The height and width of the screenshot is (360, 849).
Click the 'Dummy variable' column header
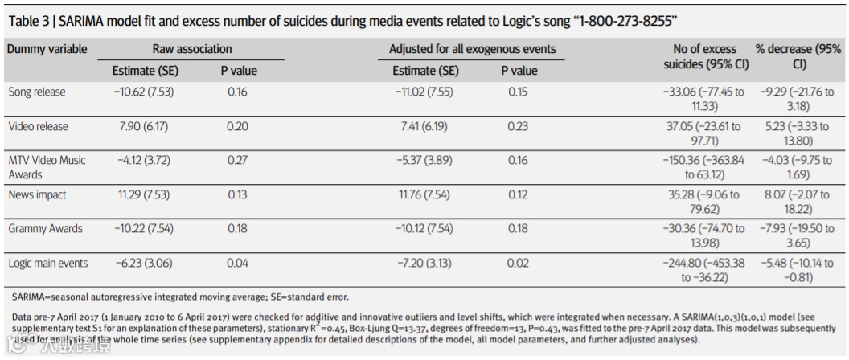click(x=47, y=50)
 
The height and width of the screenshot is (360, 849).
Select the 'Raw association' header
click(x=191, y=50)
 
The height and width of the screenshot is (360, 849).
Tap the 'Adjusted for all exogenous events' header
click(x=472, y=50)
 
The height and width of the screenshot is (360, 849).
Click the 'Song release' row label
click(x=37, y=92)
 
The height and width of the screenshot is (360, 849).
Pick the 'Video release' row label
click(x=39, y=126)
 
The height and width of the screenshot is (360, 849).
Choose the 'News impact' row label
click(x=38, y=195)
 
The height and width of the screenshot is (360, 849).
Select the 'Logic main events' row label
click(x=48, y=264)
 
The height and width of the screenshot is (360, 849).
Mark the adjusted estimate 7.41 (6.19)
click(x=425, y=126)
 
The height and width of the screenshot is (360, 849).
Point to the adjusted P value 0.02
click(x=519, y=264)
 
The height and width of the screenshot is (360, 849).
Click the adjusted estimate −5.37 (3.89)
click(x=425, y=161)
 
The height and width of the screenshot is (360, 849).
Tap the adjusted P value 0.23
click(x=519, y=126)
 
